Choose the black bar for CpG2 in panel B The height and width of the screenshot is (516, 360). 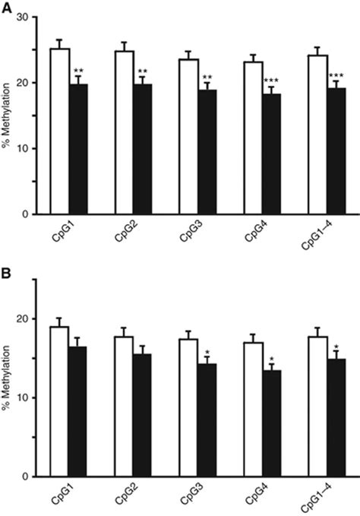(x=143, y=415)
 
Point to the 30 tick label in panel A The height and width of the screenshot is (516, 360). (x=25, y=16)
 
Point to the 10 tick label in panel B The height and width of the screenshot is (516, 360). (x=25, y=397)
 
